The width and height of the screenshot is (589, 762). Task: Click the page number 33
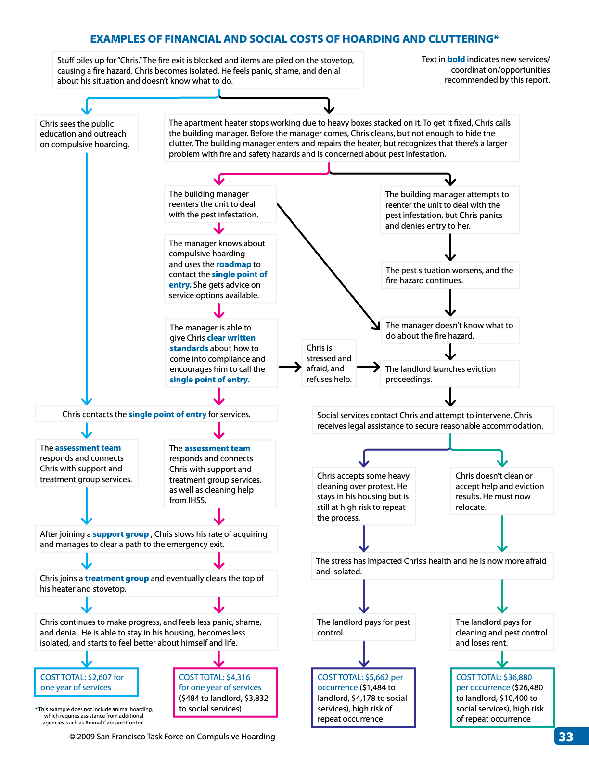[565, 737]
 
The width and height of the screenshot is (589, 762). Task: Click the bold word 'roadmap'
[234, 264]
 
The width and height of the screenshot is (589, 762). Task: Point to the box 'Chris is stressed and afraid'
[329, 363]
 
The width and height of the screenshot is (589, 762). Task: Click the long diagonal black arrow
[328, 267]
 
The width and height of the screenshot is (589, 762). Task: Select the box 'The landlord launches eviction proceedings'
[450, 374]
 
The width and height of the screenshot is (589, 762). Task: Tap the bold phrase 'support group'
[121, 534]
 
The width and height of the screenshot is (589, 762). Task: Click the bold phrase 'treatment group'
[117, 578]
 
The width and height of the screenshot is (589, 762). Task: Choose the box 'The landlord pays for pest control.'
[363, 627]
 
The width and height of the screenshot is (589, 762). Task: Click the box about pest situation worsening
[450, 275]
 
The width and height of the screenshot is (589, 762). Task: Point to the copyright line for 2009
[172, 737]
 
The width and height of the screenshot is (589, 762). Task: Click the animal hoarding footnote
[94, 716]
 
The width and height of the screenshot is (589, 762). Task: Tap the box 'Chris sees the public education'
[87, 134]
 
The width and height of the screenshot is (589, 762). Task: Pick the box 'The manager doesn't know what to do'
[450, 330]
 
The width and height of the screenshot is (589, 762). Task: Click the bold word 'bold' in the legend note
[456, 59]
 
